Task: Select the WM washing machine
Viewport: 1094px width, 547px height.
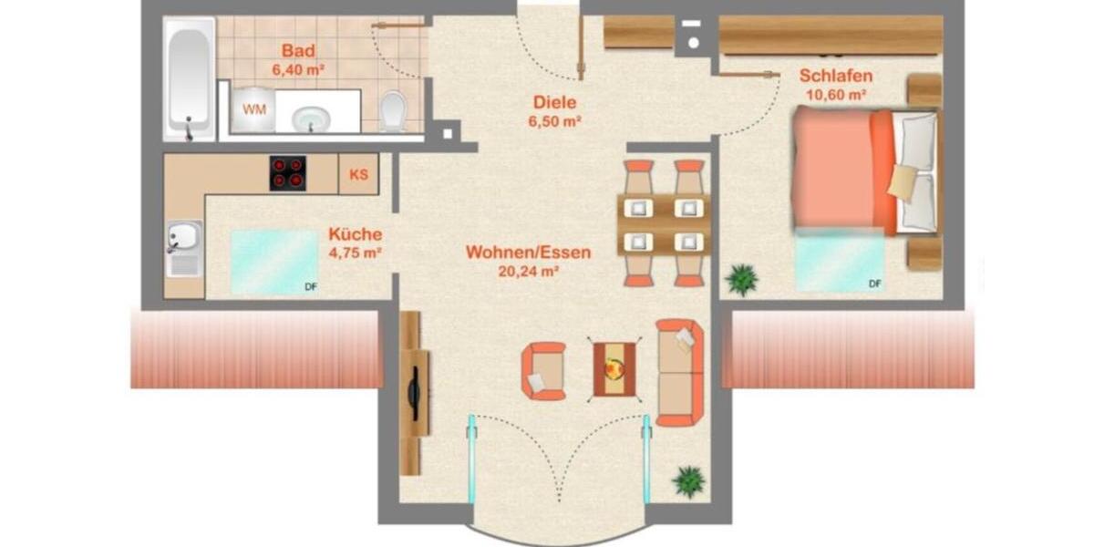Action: coord(250,110)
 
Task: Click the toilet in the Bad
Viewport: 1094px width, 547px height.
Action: coord(393,110)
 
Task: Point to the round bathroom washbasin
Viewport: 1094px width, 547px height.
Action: coord(315,117)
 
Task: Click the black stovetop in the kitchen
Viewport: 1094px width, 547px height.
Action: coord(287,173)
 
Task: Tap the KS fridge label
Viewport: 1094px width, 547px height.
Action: coord(358,174)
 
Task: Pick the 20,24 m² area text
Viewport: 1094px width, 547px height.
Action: coord(528,271)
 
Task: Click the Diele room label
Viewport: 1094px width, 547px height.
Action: coord(555,103)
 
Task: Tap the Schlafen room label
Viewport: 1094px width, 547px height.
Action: coord(836,76)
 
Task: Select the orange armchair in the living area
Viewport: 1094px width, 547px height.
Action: coord(543,370)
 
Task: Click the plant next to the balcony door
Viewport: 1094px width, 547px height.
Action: coord(689,480)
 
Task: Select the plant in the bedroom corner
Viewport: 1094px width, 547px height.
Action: coord(742,279)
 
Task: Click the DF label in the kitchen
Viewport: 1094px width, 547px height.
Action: coord(312,288)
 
